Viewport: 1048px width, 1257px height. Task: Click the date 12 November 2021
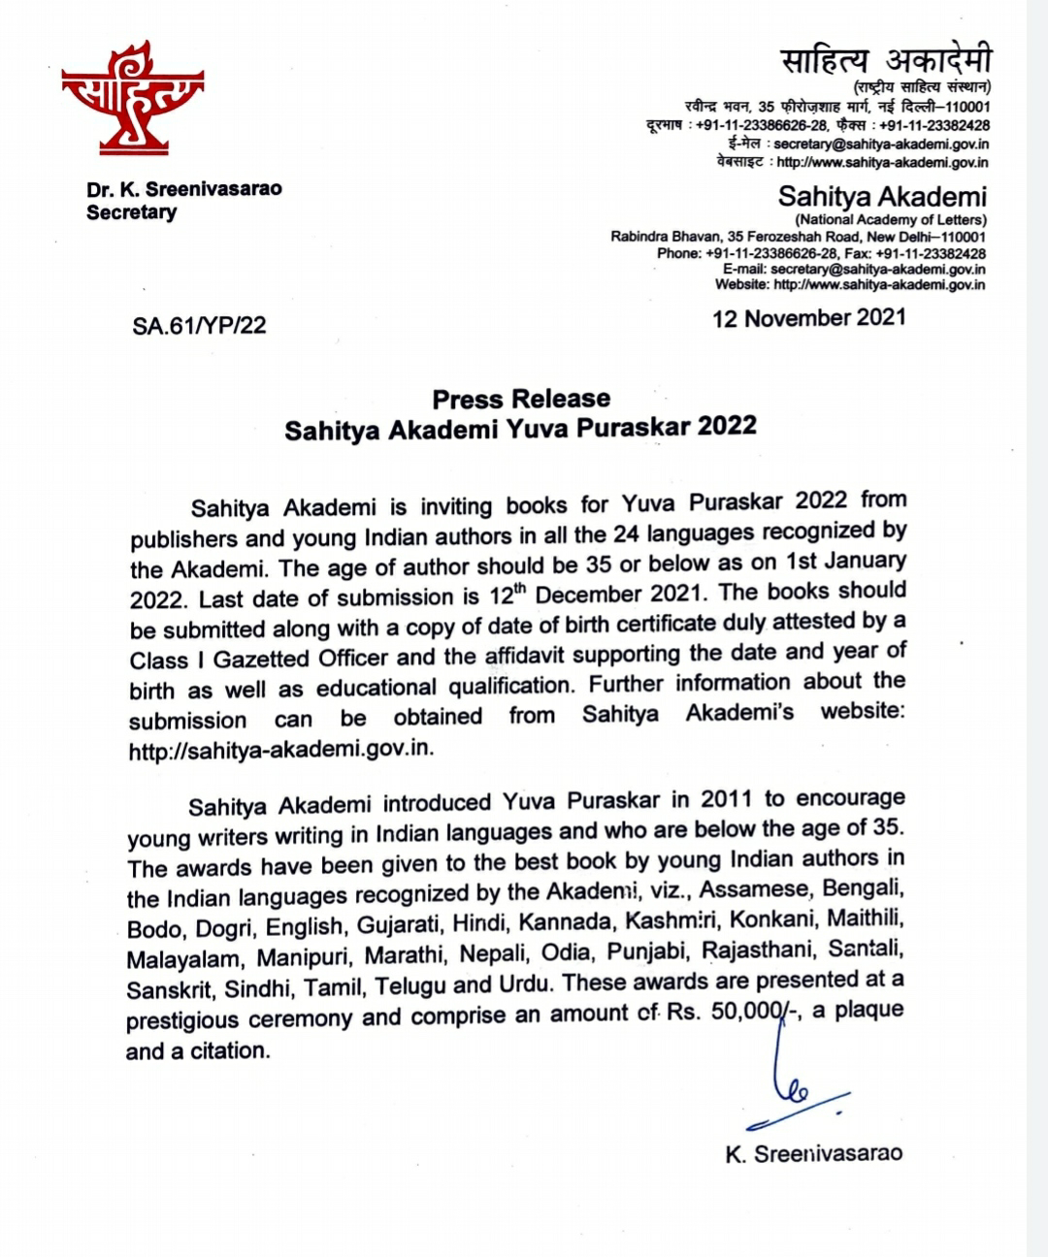[x=808, y=318]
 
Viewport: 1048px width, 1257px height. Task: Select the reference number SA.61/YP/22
[x=199, y=325]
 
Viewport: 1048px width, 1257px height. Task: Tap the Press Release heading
[x=521, y=399]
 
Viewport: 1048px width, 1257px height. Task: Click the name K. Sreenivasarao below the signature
[x=813, y=1153]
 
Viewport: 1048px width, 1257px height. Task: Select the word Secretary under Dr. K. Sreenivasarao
[x=132, y=212]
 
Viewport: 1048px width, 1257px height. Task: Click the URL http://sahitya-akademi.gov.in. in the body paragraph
[x=282, y=750]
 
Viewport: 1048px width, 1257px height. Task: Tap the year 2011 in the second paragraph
[x=727, y=799]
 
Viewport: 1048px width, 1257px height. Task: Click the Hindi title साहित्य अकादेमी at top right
[x=886, y=62]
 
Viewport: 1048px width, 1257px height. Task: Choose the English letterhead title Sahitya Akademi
[x=882, y=197]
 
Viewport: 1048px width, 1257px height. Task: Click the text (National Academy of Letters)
[x=891, y=220]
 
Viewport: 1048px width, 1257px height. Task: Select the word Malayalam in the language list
[x=183, y=959]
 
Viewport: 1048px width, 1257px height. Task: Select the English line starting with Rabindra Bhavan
[x=798, y=237]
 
